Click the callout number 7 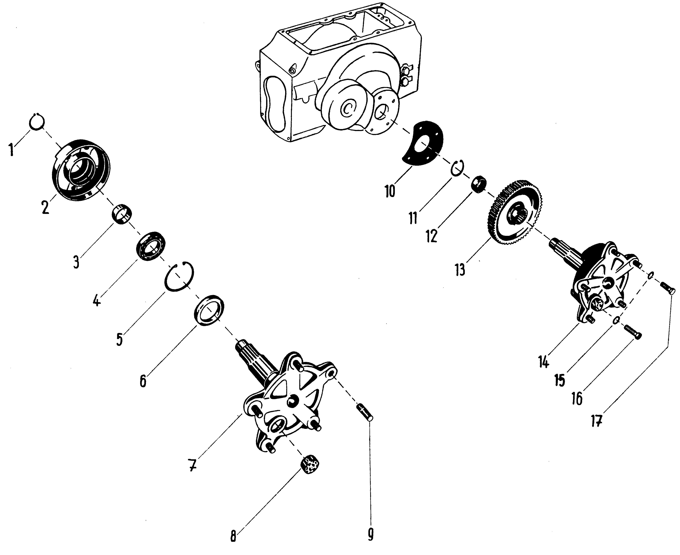click(192, 465)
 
